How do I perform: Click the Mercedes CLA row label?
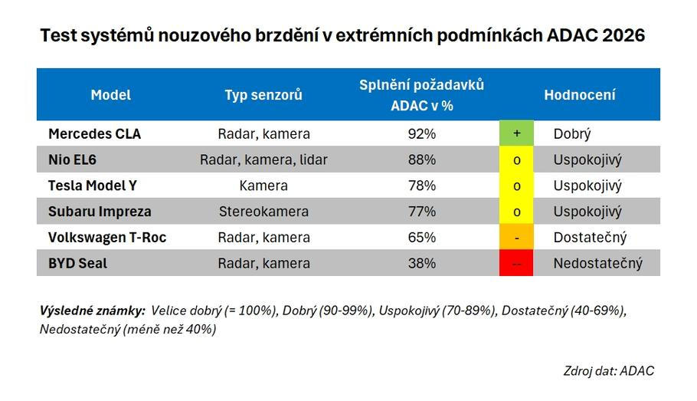(x=94, y=133)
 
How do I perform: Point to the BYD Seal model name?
(x=77, y=263)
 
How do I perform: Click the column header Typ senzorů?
(x=263, y=95)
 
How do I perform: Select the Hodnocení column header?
(x=579, y=95)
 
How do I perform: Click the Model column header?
(x=111, y=95)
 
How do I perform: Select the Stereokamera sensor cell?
(x=263, y=212)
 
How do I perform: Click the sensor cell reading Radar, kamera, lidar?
(x=263, y=159)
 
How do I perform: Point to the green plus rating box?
(x=517, y=133)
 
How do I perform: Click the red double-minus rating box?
(x=517, y=263)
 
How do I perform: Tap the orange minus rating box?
(x=517, y=237)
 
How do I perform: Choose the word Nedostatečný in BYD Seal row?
(x=597, y=263)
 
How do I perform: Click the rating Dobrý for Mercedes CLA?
(x=572, y=133)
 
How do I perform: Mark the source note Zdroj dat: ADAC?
(x=608, y=370)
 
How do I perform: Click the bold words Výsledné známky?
(x=92, y=311)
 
